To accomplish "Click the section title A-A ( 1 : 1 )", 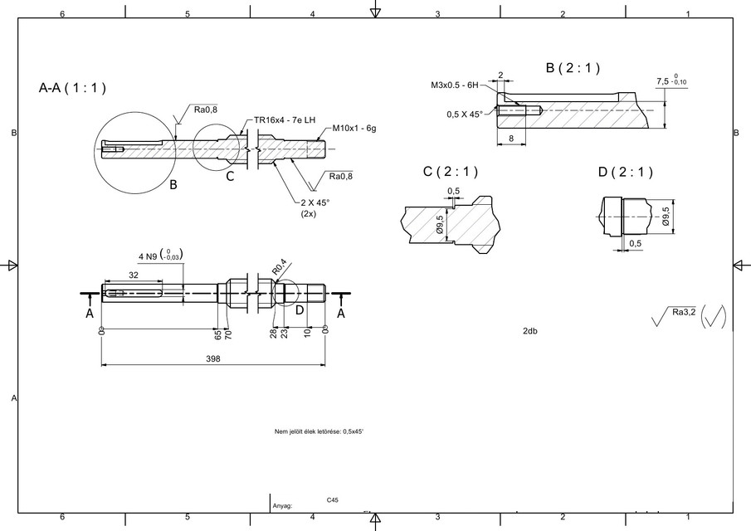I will coord(72,87).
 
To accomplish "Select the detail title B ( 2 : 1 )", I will coord(573,67).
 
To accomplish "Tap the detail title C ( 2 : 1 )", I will coord(451,172).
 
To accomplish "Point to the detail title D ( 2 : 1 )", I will coord(625,172).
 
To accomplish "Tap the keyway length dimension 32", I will coord(133,275).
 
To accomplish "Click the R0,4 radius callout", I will coord(280,267).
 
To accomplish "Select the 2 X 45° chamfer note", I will coord(316,202).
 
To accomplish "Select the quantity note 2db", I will coord(530,331).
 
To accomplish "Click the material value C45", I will coord(332,500).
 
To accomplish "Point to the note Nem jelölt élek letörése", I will coord(319,432).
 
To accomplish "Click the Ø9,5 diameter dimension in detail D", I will coord(666,217).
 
